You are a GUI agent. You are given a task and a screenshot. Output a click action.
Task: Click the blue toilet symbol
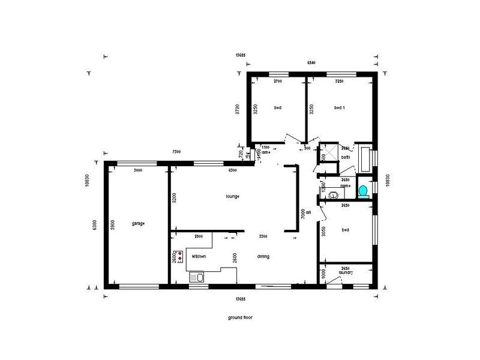pos(362,191)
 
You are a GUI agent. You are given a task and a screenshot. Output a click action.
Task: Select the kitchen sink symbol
pos(196,277)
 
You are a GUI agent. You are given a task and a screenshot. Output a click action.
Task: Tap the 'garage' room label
pos(138,223)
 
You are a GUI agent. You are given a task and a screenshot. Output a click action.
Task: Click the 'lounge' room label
pos(233,196)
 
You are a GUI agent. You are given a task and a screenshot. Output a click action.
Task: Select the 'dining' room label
pos(263,256)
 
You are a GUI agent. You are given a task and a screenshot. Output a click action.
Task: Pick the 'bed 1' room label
pos(340,108)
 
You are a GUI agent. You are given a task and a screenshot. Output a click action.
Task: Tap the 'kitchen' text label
pos(199,256)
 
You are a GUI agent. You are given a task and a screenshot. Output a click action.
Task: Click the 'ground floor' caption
pos(239,317)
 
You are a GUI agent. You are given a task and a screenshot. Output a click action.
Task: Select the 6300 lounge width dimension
pos(233,170)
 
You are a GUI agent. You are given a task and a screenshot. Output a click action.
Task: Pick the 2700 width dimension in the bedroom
pos(278,80)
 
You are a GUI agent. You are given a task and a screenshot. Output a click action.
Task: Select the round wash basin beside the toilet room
pos(322,191)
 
